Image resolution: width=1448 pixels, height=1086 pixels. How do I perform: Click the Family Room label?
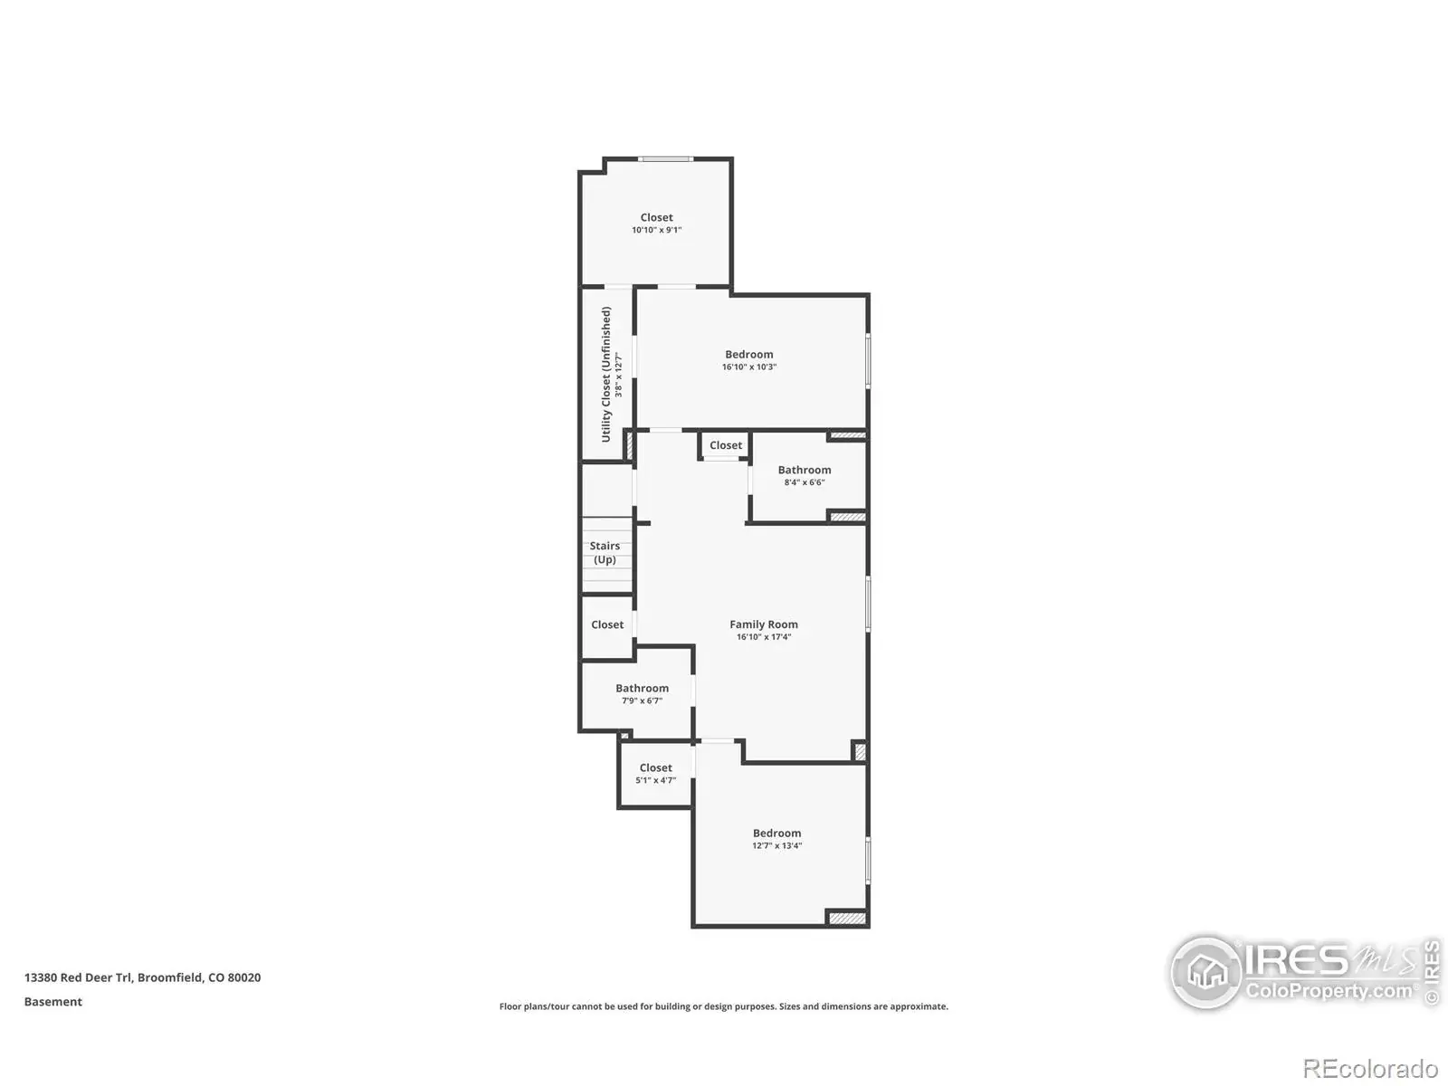(763, 624)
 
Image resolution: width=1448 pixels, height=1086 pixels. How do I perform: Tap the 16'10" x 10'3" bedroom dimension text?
(748, 367)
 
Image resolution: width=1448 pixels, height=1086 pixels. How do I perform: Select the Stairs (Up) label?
(605, 553)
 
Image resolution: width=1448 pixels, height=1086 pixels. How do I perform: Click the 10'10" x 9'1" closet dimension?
(656, 230)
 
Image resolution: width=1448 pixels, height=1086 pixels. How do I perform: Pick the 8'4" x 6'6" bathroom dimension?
(805, 482)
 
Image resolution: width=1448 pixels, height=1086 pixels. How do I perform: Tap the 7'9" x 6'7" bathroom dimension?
(642, 700)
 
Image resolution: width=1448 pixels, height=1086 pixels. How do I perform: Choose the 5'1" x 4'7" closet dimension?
(656, 780)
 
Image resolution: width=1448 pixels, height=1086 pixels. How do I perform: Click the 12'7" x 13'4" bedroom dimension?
(777, 845)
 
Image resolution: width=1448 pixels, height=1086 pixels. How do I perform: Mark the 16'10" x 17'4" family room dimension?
(763, 637)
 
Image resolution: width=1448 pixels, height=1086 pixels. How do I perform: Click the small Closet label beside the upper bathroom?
(726, 445)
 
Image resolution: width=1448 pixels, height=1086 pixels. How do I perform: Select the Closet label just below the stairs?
(607, 624)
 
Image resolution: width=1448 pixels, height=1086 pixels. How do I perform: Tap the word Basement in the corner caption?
(53, 1002)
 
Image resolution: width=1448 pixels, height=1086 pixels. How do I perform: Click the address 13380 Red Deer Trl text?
(79, 977)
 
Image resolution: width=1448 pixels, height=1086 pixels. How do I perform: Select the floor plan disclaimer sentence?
(724, 1006)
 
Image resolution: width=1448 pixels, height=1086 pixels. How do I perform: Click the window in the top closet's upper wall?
(665, 159)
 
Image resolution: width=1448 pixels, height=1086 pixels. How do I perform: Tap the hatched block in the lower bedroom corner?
(847, 919)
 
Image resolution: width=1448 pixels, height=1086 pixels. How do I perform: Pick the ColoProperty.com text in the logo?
(1329, 991)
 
